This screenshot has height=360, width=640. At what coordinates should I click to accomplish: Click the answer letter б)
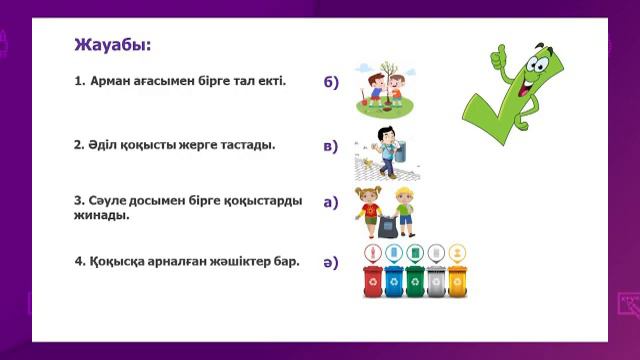(331, 83)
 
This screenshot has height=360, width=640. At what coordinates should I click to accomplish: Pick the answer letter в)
(331, 147)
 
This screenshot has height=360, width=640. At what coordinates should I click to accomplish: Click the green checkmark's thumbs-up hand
(500, 56)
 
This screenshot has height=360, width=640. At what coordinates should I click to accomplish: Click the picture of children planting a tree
(384, 87)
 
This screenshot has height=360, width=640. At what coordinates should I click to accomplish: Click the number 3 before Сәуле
(78, 200)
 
